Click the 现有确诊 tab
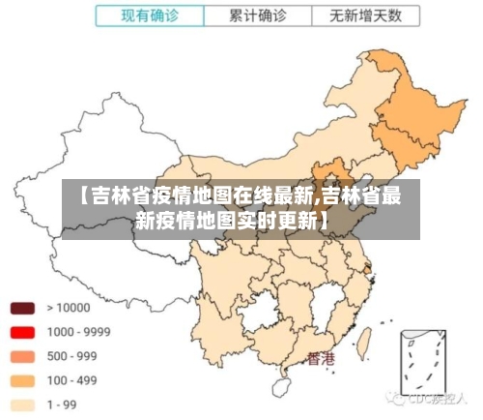(x=151, y=16)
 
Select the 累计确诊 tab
(x=258, y=16)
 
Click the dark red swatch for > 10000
(x=22, y=309)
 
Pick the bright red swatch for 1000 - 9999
(x=22, y=332)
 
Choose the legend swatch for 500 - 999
(x=22, y=356)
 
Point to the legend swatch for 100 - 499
(x=22, y=380)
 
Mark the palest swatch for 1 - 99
(x=22, y=405)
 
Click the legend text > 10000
(x=68, y=309)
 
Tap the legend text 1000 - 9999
(x=78, y=332)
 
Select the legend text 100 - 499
(x=71, y=380)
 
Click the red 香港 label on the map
(x=320, y=359)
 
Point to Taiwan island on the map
(x=364, y=341)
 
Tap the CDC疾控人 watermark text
(x=432, y=398)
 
